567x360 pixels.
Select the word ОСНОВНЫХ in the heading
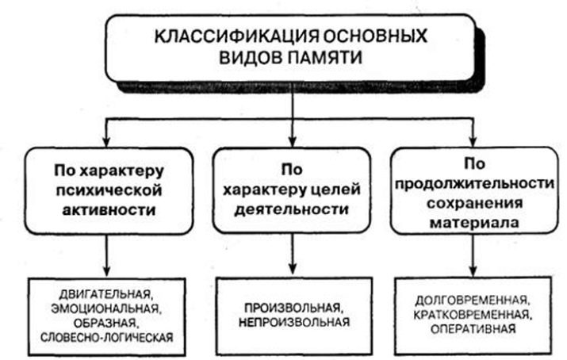pos(375,36)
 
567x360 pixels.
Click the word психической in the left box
pos(109,190)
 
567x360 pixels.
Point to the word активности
pos(109,209)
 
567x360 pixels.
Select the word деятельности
pos(292,209)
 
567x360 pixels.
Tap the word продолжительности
pos(474,184)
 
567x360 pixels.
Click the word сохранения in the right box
pos(474,202)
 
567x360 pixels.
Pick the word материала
pos(474,222)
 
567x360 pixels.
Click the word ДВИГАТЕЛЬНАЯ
pos(106,294)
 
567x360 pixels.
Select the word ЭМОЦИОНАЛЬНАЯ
pos(105,308)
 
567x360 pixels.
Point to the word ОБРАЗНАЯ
pos(105,323)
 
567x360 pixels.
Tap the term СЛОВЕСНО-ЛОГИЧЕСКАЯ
pos(107,337)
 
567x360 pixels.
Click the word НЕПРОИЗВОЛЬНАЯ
pos(294,322)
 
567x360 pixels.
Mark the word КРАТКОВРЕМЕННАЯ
pos(473,315)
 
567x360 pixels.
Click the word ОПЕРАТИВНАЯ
pos(473,329)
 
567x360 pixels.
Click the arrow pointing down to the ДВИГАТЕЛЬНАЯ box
pos(106,255)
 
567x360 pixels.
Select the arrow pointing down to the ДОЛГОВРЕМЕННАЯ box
pos(473,255)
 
